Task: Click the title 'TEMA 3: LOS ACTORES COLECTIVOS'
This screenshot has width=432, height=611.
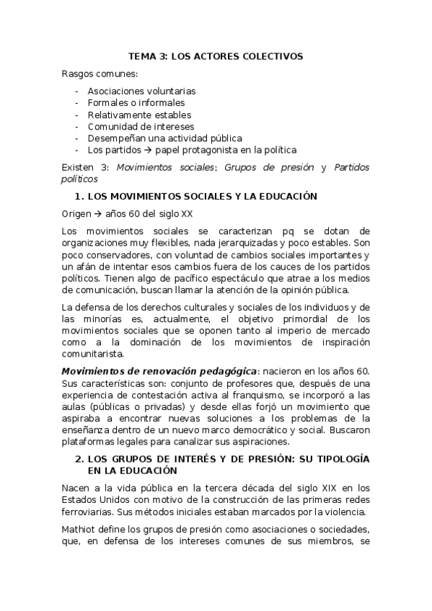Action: click(x=216, y=55)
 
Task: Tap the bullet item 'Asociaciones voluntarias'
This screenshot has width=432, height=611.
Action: click(x=141, y=92)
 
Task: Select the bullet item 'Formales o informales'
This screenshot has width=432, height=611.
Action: click(x=136, y=103)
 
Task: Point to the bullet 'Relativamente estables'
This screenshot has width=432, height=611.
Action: click(x=139, y=115)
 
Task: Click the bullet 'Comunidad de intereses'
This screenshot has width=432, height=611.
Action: click(x=141, y=126)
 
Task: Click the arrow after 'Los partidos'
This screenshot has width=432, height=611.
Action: click(x=146, y=150)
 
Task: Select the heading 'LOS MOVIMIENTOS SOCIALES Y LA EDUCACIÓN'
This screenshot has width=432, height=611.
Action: click(x=203, y=195)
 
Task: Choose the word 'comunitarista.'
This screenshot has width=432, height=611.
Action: click(x=93, y=354)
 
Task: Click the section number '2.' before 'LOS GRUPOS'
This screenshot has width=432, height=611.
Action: click(x=80, y=458)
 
